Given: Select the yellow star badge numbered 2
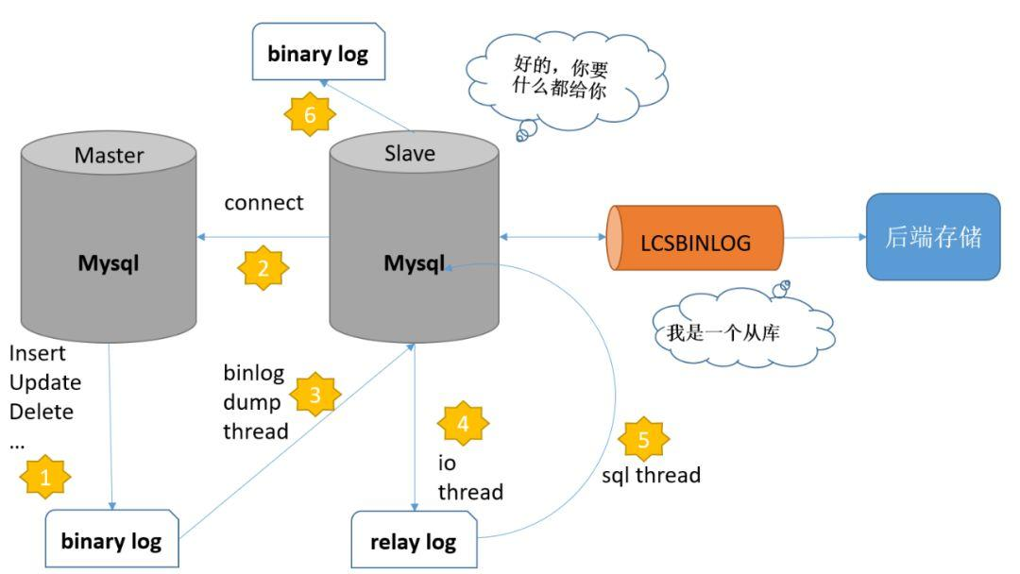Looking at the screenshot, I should (263, 267).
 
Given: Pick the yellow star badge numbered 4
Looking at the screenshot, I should (463, 425).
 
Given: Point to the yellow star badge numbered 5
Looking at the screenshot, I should (644, 439).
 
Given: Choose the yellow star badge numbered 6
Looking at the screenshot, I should (311, 115).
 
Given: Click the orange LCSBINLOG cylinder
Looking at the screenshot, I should (695, 243).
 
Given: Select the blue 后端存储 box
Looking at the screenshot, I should (932, 237).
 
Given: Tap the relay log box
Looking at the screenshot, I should (413, 542).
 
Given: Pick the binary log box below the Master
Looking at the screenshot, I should (110, 541).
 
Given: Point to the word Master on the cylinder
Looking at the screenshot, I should (109, 154).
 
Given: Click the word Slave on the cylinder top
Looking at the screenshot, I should (410, 153).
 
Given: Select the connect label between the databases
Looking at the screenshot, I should (263, 202).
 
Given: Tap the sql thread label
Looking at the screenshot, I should (651, 475).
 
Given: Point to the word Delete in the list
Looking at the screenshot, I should (42, 412).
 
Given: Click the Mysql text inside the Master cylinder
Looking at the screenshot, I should (108, 263).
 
